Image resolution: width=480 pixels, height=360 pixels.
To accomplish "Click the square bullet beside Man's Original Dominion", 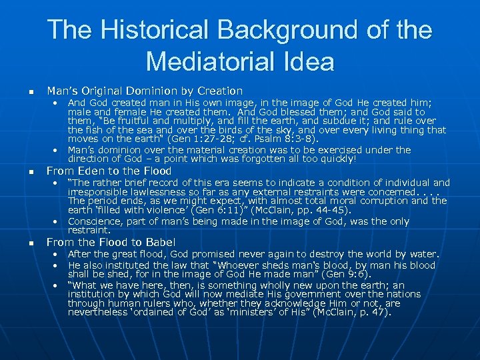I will [x=23, y=91].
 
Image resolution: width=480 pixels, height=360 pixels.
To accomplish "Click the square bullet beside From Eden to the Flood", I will [x=23, y=172].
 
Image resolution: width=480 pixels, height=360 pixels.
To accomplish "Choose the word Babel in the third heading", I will [x=159, y=242].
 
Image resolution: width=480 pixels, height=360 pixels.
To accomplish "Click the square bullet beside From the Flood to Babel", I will [x=23, y=243].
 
